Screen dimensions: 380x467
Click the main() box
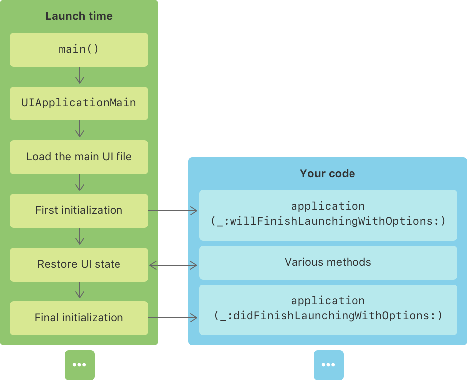coord(79,50)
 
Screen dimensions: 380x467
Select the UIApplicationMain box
coord(79,103)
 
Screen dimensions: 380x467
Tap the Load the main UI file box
coord(79,157)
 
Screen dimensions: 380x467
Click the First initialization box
coord(79,210)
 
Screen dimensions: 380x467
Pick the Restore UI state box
coord(79,264)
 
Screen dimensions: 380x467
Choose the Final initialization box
coord(79,318)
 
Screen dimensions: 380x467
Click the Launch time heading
coord(79,16)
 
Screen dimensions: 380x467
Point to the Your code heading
coord(327,174)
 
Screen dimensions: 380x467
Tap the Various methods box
coord(328,262)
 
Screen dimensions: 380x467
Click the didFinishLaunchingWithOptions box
coord(328,309)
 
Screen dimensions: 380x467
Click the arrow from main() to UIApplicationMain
coord(79,76)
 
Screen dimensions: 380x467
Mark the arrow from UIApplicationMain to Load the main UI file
coord(79,130)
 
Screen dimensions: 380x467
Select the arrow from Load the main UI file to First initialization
coord(79,184)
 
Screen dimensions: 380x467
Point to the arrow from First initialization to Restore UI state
coord(79,237)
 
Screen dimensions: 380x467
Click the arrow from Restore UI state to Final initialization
coord(79,291)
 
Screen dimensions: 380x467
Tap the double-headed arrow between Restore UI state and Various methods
coord(173,266)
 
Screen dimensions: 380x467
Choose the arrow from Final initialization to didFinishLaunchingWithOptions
coord(173,317)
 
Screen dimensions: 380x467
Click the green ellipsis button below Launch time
coord(79,365)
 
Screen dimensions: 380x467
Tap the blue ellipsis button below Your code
coord(328,365)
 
